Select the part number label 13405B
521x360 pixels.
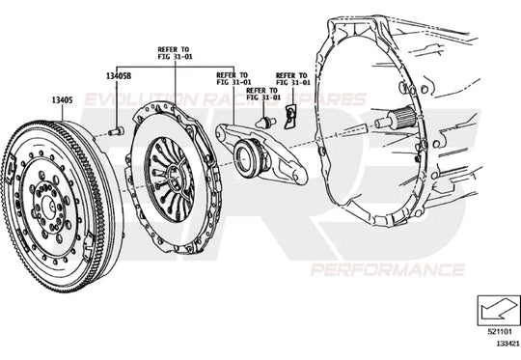(118, 75)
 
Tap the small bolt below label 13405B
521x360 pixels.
(115, 129)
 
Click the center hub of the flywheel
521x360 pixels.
(45, 205)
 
